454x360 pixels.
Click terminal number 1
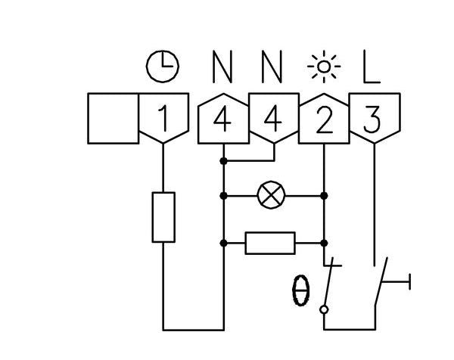[163, 119]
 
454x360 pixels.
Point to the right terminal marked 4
[273, 119]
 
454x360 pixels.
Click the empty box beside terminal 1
[113, 118]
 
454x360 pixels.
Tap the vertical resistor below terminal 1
[164, 217]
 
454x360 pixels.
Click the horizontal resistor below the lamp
[271, 243]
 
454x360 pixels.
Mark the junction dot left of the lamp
[224, 195]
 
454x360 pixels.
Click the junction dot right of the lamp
[324, 195]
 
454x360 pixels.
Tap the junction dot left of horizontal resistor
[224, 243]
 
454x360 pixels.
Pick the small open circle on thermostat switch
[325, 309]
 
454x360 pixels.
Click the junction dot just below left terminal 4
[224, 160]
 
